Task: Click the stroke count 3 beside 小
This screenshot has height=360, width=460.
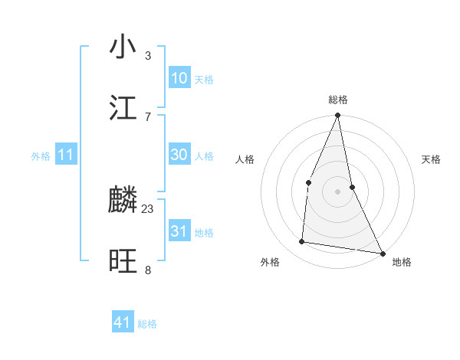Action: tap(148, 55)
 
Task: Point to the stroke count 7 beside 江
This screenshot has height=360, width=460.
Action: tap(148, 116)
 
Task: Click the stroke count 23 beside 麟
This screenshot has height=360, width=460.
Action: tap(148, 208)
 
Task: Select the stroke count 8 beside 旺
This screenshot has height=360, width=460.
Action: tap(148, 270)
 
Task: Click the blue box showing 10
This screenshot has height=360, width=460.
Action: tap(179, 78)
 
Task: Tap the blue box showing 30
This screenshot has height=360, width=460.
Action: tap(179, 155)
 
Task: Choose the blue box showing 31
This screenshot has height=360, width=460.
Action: tap(179, 231)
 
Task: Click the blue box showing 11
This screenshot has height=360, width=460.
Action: tap(66, 155)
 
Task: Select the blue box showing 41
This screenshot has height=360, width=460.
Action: tap(123, 323)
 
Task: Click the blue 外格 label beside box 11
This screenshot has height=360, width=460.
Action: tap(41, 156)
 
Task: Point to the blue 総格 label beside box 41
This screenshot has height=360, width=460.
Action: tap(147, 324)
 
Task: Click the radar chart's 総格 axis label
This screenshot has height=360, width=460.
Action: tap(338, 100)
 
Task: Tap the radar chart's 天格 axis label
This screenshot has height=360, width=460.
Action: tap(432, 159)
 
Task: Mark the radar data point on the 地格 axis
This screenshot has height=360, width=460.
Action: tap(382, 253)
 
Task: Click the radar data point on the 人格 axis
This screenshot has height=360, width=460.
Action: tap(308, 182)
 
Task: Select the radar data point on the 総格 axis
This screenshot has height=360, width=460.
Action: tap(337, 116)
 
